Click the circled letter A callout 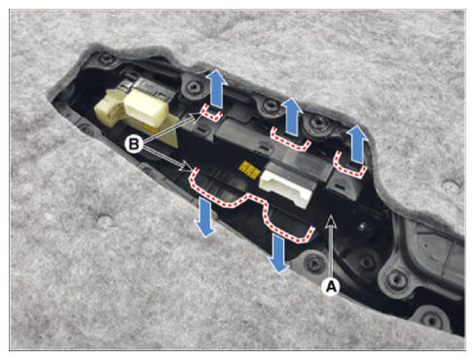(x=331, y=286)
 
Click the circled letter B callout (x=134, y=144)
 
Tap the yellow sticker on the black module (x=249, y=168)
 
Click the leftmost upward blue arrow (x=217, y=89)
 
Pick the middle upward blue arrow (x=292, y=116)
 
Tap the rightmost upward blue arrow (x=357, y=144)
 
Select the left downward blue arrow (x=204, y=217)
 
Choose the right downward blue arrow (x=278, y=253)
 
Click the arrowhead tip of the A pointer (x=330, y=217)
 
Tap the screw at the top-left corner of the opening (x=106, y=59)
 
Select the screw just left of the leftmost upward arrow (x=194, y=87)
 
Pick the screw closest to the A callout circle (x=314, y=262)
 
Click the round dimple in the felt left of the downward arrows (x=104, y=222)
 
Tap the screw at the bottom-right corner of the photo (x=431, y=319)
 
